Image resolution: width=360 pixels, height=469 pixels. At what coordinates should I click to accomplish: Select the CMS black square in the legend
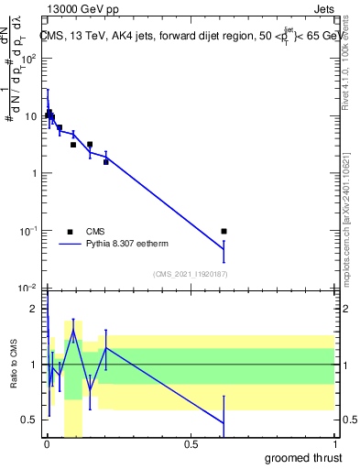[69, 232]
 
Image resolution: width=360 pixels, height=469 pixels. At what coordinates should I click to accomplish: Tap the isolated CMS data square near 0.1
[224, 232]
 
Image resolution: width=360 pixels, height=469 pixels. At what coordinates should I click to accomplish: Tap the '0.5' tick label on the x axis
[191, 445]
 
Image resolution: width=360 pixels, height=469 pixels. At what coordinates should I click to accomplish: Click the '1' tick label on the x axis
[334, 445]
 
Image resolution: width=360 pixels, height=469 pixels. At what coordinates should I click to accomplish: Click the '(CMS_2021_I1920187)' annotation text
[190, 274]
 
